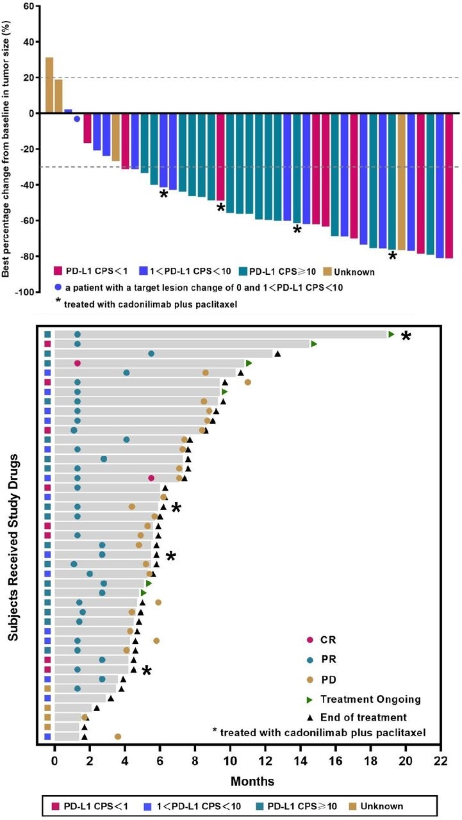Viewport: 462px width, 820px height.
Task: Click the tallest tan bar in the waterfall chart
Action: [49, 85]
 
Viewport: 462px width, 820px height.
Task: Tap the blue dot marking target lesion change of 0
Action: [77, 119]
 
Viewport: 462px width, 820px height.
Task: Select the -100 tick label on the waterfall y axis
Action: [23, 292]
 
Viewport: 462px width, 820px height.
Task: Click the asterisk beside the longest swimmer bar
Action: [406, 336]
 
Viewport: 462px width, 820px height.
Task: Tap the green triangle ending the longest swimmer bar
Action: [391, 334]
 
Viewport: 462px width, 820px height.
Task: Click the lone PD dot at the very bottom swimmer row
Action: [118, 737]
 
